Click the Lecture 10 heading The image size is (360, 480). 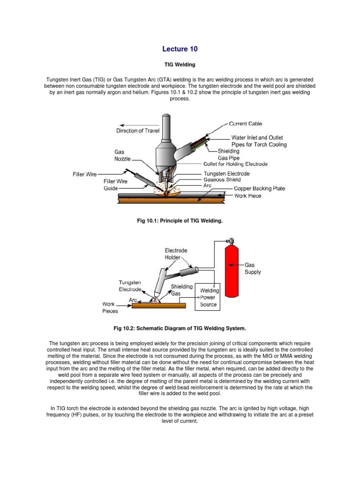pyautogui.click(x=180, y=49)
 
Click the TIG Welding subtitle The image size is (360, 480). pyautogui.click(x=180, y=64)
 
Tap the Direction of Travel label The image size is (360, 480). pyautogui.click(x=138, y=131)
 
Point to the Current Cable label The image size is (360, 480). pyautogui.click(x=245, y=124)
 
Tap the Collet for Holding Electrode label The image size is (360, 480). pyautogui.click(x=235, y=164)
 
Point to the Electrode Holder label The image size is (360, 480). pyautogui.click(x=176, y=254)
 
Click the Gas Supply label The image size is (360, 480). pyautogui.click(x=253, y=268)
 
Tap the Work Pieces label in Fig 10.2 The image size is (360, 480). pyautogui.click(x=110, y=307)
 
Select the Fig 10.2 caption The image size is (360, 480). pyautogui.click(x=180, y=328)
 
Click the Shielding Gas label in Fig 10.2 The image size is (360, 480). pyautogui.click(x=181, y=290)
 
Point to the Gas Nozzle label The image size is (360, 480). pyautogui.click(x=123, y=156)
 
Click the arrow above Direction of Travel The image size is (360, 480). pyautogui.click(x=136, y=125)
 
